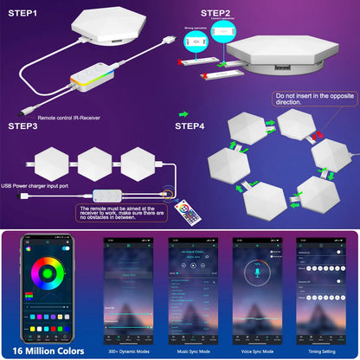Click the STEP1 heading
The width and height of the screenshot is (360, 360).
pyautogui.click(x=27, y=14)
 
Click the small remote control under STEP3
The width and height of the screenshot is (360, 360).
pyautogui.click(x=183, y=210)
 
